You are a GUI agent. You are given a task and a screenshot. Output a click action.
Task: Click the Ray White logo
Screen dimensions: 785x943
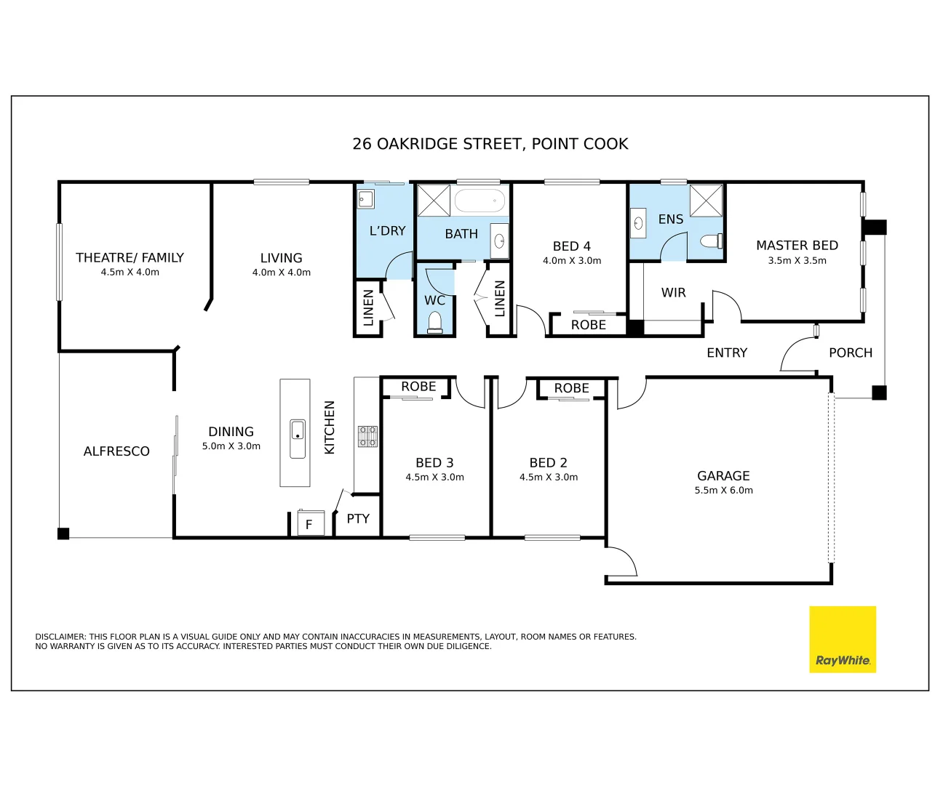[x=843, y=640]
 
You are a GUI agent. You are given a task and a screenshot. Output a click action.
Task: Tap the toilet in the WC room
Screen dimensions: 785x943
[x=435, y=321]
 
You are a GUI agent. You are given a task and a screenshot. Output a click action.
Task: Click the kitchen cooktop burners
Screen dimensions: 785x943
[x=367, y=436]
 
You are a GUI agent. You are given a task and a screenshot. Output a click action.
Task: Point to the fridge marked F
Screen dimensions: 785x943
[x=310, y=523]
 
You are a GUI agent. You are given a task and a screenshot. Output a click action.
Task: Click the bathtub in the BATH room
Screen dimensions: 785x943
[x=480, y=200]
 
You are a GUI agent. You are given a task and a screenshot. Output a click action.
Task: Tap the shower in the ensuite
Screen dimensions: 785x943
[x=706, y=201]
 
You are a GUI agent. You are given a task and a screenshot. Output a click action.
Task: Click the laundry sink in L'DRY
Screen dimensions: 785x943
[x=365, y=198]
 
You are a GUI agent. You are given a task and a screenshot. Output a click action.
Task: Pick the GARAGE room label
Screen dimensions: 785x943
[x=723, y=476]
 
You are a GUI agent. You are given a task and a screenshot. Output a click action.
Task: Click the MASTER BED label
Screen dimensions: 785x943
[x=797, y=246]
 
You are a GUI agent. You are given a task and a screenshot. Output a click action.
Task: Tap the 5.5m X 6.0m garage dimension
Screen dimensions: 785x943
[x=723, y=491]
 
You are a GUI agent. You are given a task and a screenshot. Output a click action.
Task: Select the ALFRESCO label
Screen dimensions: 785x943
[x=116, y=451]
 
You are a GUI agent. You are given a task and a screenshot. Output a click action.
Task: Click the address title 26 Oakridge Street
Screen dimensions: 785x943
[x=490, y=144]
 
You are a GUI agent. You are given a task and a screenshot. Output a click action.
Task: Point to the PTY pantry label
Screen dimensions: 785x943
[x=358, y=519]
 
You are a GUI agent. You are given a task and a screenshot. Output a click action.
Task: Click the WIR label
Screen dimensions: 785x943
[x=673, y=293]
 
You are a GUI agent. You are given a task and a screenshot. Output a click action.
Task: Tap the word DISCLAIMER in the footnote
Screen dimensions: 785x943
[x=60, y=637]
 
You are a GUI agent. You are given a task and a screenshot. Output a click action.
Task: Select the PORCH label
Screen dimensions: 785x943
[x=850, y=353]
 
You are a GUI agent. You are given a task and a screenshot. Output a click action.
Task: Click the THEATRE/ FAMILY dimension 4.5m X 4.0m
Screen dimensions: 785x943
[x=130, y=273]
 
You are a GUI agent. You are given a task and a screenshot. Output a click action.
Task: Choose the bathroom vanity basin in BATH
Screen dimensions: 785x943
[x=500, y=241]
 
